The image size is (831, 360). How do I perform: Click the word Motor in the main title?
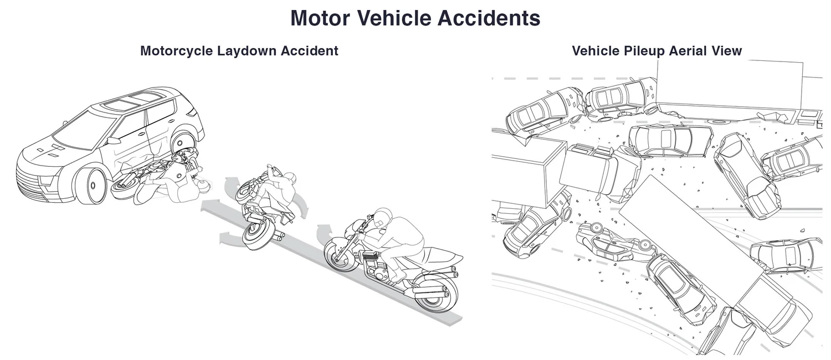(320, 18)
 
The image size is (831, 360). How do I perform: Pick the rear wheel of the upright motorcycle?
(435, 292)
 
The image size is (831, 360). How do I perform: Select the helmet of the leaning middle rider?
(288, 180)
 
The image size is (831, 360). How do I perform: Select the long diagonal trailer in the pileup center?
(693, 244)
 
